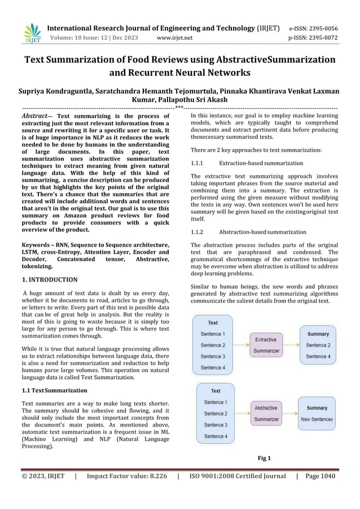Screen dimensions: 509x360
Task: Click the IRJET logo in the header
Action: pyautogui.click(x=33, y=33)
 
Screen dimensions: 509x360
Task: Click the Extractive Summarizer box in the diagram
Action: pyautogui.click(x=265, y=345)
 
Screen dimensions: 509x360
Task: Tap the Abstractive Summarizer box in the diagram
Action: pyautogui.click(x=266, y=413)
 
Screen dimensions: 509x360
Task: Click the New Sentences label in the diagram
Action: pyautogui.click(x=317, y=419)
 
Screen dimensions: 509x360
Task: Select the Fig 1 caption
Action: pyautogui.click(x=264, y=458)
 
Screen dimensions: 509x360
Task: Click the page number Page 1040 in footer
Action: pyautogui.click(x=320, y=476)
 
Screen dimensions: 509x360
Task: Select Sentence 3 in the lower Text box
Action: pyautogui.click(x=215, y=425)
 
